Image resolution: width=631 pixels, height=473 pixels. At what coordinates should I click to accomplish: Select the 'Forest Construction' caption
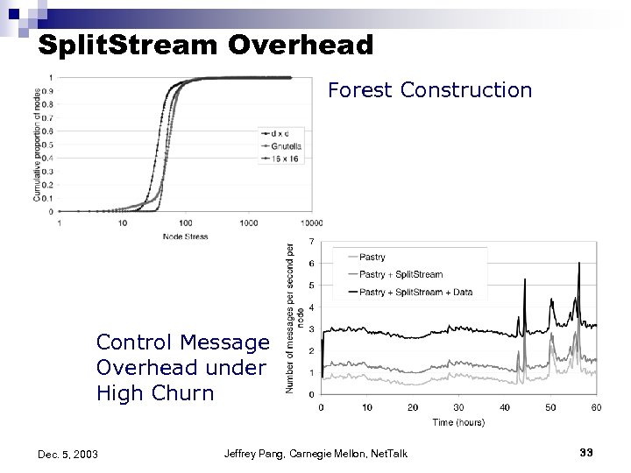tap(429, 90)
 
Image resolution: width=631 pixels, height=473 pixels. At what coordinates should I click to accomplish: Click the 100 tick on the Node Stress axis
tap(185, 223)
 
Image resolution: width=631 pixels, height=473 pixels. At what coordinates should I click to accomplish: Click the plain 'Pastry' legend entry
tap(372, 257)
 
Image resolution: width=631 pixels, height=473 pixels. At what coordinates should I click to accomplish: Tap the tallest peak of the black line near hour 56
tap(578, 264)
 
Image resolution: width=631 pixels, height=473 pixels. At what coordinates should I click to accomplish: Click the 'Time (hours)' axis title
tap(457, 422)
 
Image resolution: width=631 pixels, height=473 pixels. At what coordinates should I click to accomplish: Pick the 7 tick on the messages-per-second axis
tap(312, 242)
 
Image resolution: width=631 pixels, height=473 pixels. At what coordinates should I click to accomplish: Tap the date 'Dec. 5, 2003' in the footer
tap(68, 454)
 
